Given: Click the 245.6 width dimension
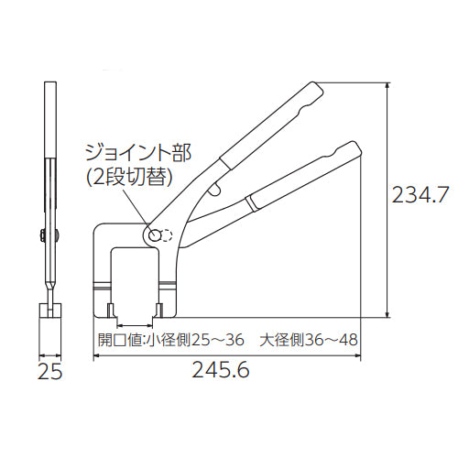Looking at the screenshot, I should point(221,370).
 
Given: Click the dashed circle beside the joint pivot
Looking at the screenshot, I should point(167,234).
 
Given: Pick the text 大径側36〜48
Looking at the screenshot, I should point(309,340).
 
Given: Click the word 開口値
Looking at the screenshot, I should point(119,340).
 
